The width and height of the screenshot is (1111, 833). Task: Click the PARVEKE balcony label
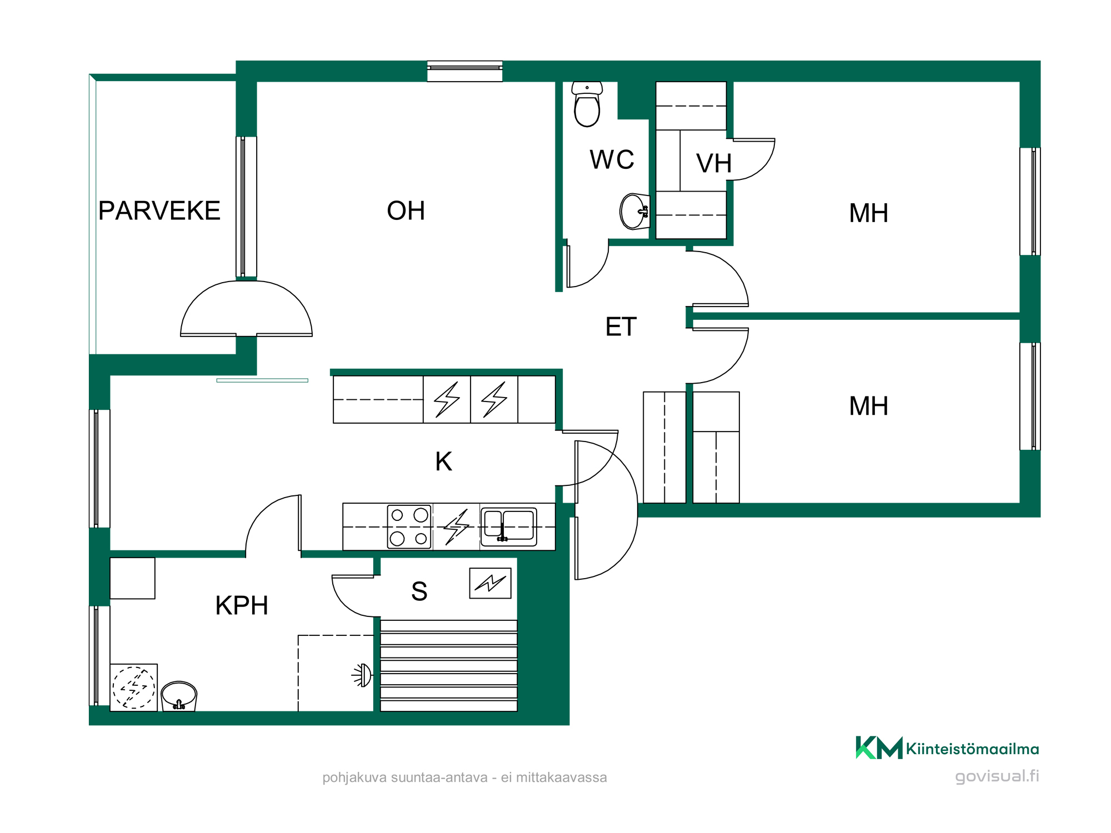[159, 210]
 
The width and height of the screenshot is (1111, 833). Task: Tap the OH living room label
[406, 210]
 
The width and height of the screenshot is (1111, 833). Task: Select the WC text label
[612, 159]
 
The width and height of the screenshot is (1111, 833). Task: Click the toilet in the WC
[587, 104]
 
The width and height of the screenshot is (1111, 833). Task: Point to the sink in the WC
[635, 211]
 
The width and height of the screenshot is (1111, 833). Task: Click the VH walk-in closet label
[714, 163]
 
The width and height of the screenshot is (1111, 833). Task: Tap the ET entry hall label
[620, 327]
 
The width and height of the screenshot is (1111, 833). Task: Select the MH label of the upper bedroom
[869, 213]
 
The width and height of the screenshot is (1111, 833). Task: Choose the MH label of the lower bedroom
[869, 406]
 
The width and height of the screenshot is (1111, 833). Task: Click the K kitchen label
[443, 461]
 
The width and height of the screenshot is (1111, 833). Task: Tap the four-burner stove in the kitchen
[409, 526]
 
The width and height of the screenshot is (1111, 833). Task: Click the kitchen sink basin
[509, 526]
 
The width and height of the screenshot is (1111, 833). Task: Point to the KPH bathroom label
[242, 605]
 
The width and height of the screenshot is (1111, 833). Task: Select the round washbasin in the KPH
[179, 696]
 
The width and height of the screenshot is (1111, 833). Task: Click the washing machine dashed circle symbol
[134, 688]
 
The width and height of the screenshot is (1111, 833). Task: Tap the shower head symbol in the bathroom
[362, 675]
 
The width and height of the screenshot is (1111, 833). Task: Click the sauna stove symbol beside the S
[490, 583]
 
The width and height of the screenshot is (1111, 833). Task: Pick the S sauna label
[419, 591]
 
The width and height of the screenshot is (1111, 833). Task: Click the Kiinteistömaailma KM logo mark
[879, 747]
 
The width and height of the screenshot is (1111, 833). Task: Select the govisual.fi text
[997, 776]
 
